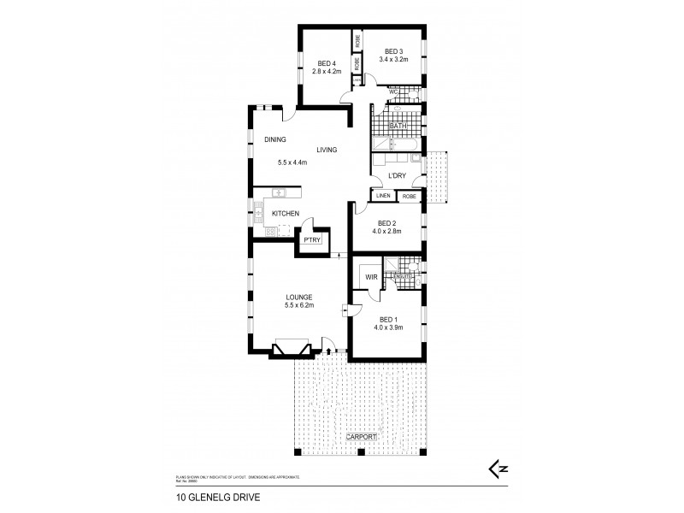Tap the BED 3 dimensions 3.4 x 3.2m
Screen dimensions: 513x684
394,60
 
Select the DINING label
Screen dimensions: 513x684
274,139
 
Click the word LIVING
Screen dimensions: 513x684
327,150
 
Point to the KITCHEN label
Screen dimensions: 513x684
285,213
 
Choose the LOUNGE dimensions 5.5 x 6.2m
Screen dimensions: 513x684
299,305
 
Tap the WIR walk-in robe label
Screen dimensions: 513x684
371,277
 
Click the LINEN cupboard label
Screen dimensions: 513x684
382,197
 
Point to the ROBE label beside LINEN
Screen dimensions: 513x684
409,197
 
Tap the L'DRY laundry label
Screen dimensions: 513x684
396,176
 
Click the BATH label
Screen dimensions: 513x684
398,127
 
